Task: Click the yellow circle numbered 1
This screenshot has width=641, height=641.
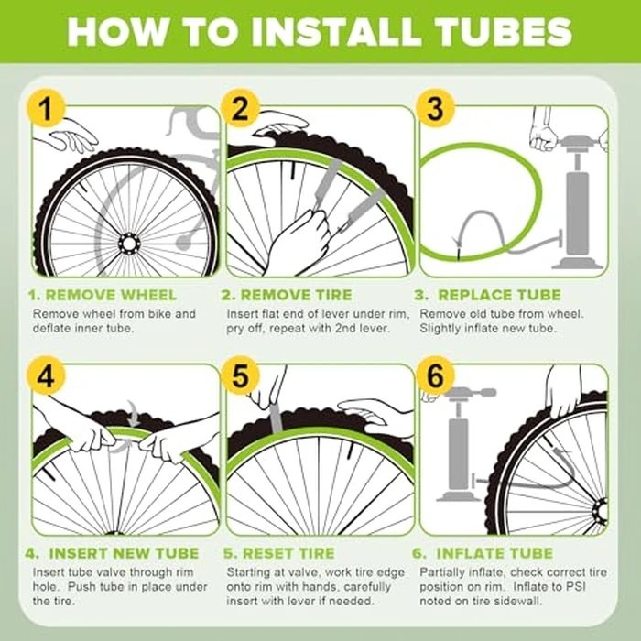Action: tap(46, 109)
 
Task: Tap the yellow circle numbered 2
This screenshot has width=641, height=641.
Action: tap(240, 109)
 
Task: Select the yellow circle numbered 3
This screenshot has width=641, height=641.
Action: tap(435, 109)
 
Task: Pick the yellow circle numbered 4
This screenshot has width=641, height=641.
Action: tap(46, 375)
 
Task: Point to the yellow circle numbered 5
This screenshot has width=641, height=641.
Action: tap(240, 375)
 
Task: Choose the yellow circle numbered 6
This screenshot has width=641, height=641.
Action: tap(435, 375)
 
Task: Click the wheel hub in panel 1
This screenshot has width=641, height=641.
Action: tap(129, 244)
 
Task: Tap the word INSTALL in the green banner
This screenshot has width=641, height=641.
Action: tap(336, 31)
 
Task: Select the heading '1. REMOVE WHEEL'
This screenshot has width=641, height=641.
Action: tap(103, 295)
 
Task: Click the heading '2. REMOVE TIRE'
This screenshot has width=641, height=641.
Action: tap(287, 295)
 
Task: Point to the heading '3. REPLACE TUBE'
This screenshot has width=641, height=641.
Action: tap(488, 295)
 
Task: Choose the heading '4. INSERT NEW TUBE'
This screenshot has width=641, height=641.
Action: tap(112, 553)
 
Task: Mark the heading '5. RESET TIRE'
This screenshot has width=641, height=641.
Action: tap(279, 553)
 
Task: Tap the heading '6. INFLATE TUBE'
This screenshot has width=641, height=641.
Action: tap(483, 553)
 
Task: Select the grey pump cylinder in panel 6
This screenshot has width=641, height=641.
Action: tap(458, 454)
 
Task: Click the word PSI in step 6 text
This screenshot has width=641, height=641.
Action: tap(576, 587)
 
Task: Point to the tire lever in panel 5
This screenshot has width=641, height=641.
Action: tap(275, 417)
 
